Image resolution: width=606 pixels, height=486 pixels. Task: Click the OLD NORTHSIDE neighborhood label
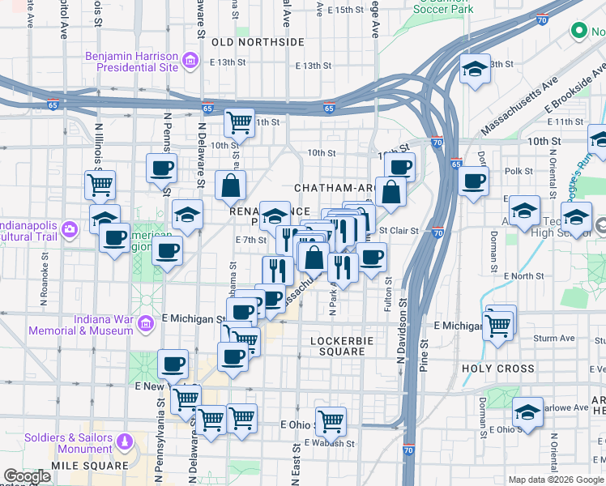tap(258, 41)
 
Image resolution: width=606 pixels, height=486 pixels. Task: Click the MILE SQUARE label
tap(90, 466)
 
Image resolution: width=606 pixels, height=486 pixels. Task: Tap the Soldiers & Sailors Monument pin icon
tap(124, 441)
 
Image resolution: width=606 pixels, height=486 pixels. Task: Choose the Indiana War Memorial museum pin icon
tap(146, 325)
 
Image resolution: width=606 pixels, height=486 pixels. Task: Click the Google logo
tap(27, 476)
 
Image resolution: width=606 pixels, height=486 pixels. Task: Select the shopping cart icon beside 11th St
tap(239, 123)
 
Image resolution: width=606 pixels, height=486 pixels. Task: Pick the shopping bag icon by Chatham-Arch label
tap(390, 192)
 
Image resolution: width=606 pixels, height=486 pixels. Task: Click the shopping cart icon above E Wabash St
tap(331, 420)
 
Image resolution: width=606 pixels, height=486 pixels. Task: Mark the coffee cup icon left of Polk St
tap(473, 182)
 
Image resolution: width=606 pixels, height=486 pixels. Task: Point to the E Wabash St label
tap(330, 444)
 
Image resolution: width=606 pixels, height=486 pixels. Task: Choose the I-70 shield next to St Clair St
tap(437, 233)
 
